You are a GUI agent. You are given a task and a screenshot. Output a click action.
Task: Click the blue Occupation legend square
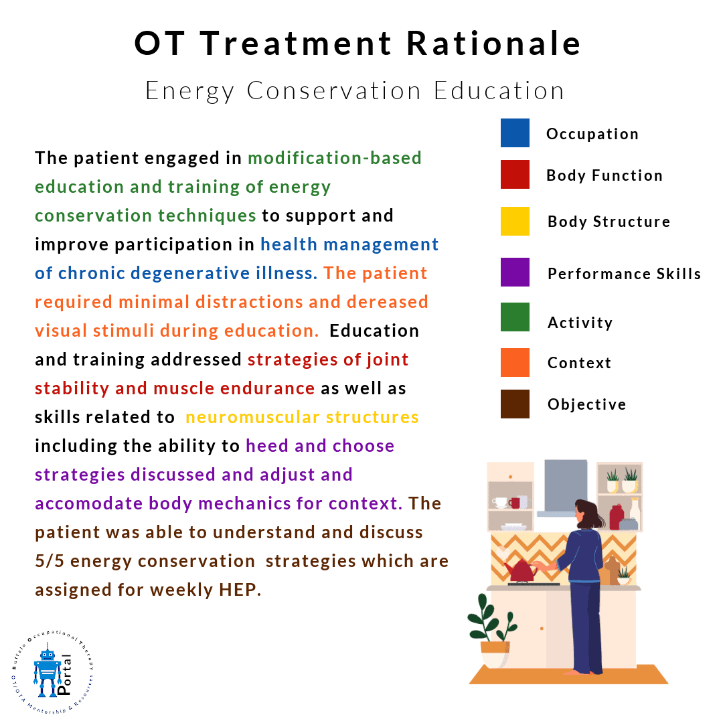515,133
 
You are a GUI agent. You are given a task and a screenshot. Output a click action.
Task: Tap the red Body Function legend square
515,174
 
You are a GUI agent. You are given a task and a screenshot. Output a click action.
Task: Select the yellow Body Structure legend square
515,222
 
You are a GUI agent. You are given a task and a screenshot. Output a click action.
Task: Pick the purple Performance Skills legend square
515,272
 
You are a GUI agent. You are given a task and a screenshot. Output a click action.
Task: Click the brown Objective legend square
515,404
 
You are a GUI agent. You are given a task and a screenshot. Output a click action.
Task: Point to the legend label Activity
580,323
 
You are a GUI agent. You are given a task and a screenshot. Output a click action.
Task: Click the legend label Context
579,363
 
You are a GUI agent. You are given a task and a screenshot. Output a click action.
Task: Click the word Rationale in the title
493,44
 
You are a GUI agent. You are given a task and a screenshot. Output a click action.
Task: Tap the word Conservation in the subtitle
334,90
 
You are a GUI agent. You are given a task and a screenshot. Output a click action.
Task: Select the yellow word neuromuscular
252,417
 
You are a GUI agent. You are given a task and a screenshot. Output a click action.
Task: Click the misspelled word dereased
388,302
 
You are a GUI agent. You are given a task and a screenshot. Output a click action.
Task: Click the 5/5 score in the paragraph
50,561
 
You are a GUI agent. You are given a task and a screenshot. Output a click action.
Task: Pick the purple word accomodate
89,503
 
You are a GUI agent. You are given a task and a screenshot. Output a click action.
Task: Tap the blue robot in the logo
47,672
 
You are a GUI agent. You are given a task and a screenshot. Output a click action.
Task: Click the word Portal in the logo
64,675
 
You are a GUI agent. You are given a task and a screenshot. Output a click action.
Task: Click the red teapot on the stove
521,571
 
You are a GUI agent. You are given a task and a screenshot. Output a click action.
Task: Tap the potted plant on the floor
493,632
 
